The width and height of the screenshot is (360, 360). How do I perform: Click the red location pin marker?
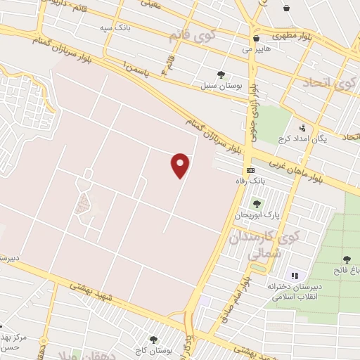tap(181, 165)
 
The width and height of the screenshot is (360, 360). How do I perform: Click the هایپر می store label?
tap(256, 49)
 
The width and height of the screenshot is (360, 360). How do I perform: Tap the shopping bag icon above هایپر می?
tap(256, 38)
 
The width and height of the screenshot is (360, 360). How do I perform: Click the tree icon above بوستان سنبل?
tap(221, 74)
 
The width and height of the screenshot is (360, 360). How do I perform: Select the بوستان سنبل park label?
tap(221, 85)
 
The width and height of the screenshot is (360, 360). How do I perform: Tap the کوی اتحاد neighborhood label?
tap(330, 84)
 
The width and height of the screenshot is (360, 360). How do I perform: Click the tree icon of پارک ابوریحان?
tap(256, 204)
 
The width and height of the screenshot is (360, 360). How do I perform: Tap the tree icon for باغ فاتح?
tap(346, 259)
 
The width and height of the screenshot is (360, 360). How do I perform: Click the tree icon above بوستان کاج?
tap(153, 339)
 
